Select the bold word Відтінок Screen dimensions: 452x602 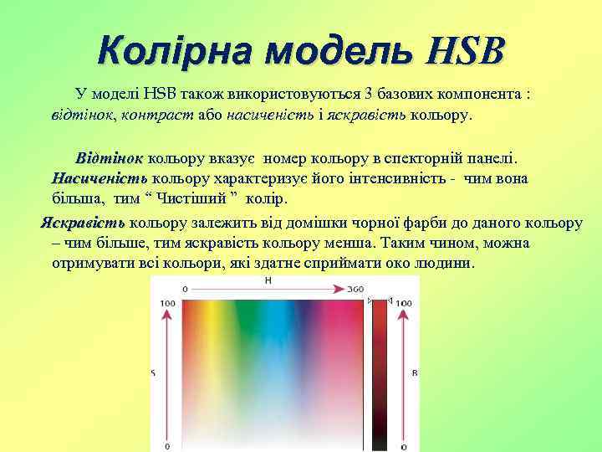point(110,157)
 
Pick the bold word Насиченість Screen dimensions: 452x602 point(99,178)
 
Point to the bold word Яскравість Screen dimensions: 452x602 point(84,223)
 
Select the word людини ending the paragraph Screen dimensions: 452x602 point(447,264)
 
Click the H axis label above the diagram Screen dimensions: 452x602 point(268,281)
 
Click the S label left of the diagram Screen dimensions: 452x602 point(153,371)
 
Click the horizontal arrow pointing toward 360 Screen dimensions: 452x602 point(268,291)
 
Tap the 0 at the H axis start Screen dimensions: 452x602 point(185,290)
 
